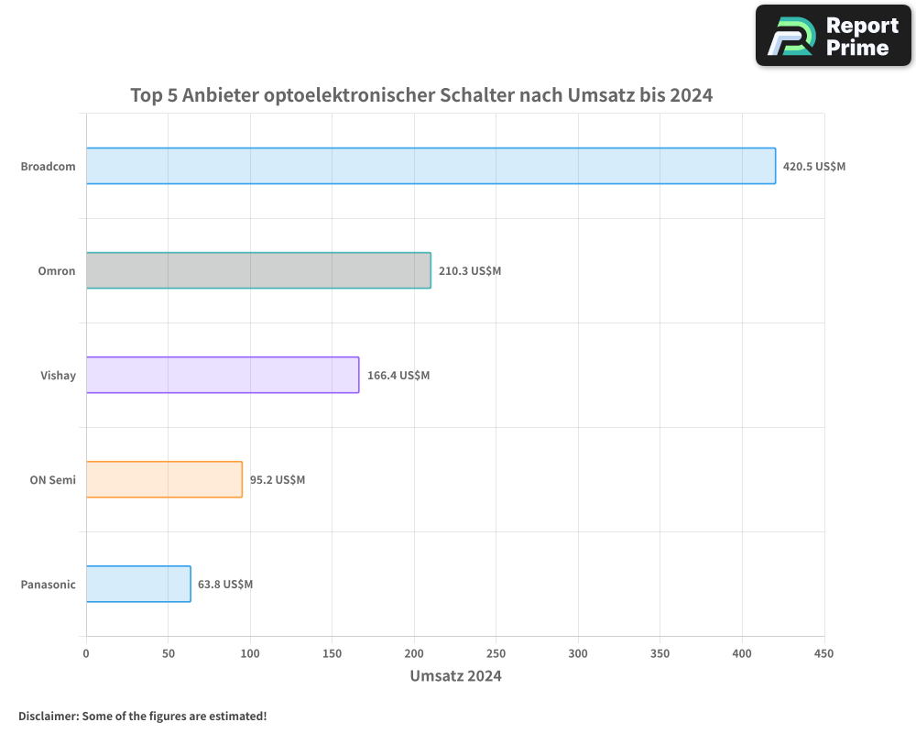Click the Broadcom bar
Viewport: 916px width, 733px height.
click(431, 166)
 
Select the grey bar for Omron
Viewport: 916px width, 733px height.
click(258, 270)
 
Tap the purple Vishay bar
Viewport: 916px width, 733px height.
click(223, 375)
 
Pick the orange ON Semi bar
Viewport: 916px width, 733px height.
click(164, 479)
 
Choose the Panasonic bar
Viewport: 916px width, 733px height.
click(138, 584)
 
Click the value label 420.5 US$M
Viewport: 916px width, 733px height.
click(813, 167)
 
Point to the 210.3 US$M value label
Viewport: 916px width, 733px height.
click(469, 271)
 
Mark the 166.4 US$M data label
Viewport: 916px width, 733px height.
click(398, 376)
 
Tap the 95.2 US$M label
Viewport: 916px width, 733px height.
click(278, 480)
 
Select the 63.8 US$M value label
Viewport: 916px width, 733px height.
click(225, 585)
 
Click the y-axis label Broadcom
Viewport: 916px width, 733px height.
click(48, 167)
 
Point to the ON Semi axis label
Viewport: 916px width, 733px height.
click(52, 480)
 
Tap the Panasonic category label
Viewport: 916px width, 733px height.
click(48, 585)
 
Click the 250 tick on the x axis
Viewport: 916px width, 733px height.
click(496, 653)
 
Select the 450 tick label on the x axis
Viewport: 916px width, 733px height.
click(823, 653)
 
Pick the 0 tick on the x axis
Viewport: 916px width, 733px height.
click(86, 653)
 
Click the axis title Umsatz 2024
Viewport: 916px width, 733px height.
click(455, 676)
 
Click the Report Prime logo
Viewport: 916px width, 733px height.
click(834, 36)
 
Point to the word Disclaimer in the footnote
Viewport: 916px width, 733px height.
click(47, 716)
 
